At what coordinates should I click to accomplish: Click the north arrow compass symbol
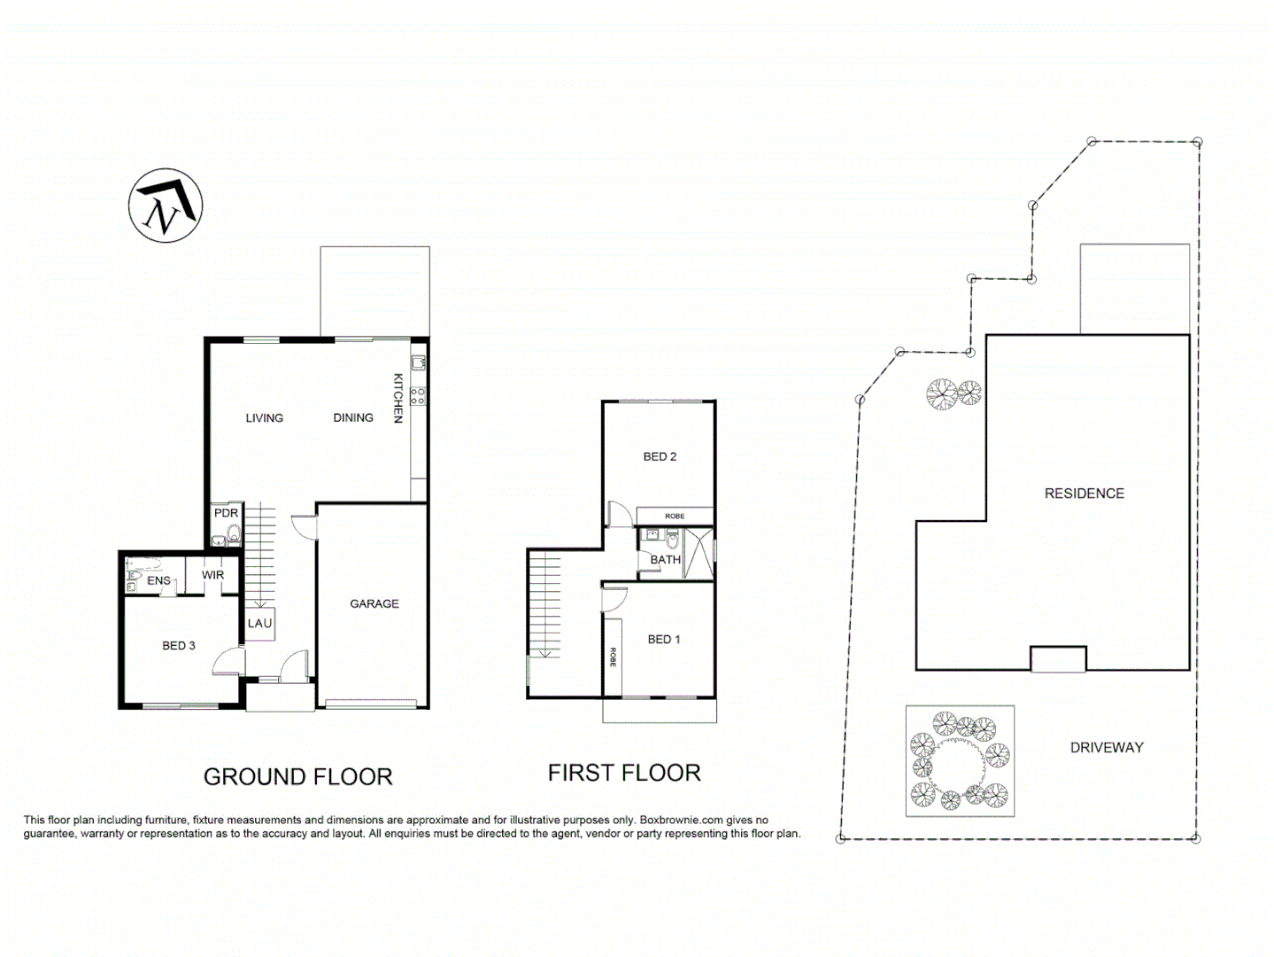[166, 206]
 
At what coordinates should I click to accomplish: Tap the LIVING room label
[264, 417]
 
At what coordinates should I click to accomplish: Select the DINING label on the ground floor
[352, 417]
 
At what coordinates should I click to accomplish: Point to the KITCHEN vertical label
[398, 398]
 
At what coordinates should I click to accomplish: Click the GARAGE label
[374, 603]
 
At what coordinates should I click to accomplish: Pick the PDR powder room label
[226, 513]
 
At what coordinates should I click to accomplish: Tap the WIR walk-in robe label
[212, 575]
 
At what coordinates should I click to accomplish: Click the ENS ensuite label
[158, 581]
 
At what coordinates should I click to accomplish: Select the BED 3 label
[178, 646]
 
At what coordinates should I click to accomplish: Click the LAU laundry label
[259, 623]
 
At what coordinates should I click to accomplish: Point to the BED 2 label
[660, 456]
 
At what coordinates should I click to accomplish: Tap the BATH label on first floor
[665, 560]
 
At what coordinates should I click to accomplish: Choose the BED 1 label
[664, 639]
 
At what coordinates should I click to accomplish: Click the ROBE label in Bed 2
[675, 516]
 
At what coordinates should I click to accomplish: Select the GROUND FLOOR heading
[297, 777]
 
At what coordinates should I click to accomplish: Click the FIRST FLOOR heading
[624, 773]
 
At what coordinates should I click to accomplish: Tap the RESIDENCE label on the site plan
[1084, 494]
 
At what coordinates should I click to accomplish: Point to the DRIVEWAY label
[1107, 747]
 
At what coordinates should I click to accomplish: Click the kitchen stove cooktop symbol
[418, 396]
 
